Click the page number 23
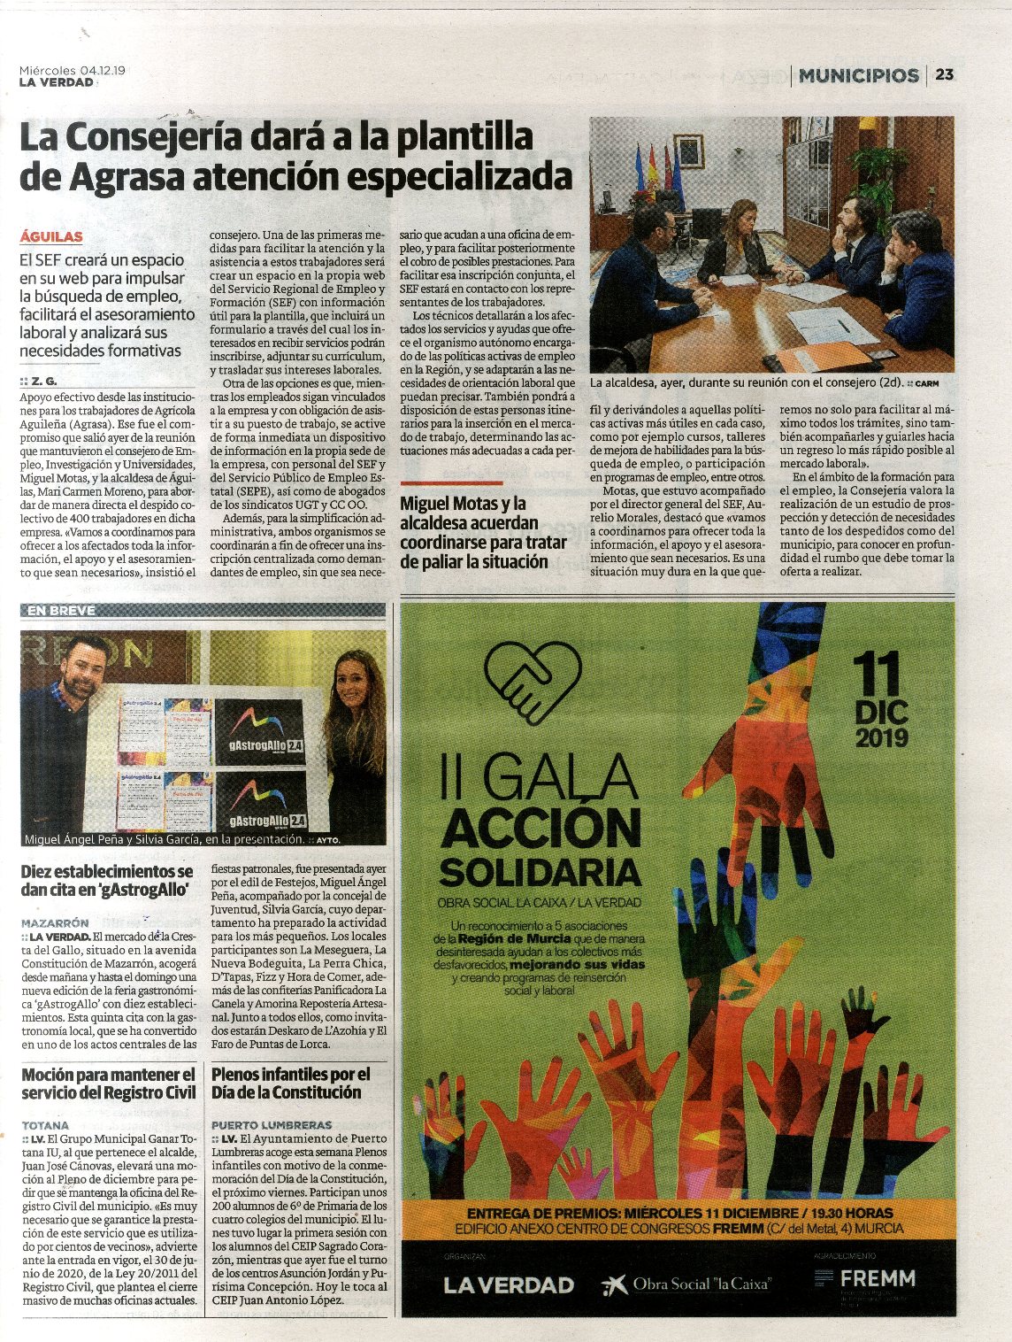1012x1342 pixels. [945, 74]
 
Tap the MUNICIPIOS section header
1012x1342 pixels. [858, 75]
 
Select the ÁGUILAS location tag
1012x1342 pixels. [51, 237]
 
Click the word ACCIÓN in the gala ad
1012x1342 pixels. [540, 829]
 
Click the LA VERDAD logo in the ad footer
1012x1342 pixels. [509, 1284]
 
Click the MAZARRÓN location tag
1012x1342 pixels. [55, 922]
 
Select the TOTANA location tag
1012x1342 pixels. [45, 1125]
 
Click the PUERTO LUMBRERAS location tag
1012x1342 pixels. [272, 1125]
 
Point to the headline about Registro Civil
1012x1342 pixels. [108, 1084]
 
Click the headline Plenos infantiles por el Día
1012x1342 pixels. [290, 1084]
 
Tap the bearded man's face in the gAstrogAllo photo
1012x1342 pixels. [84, 670]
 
